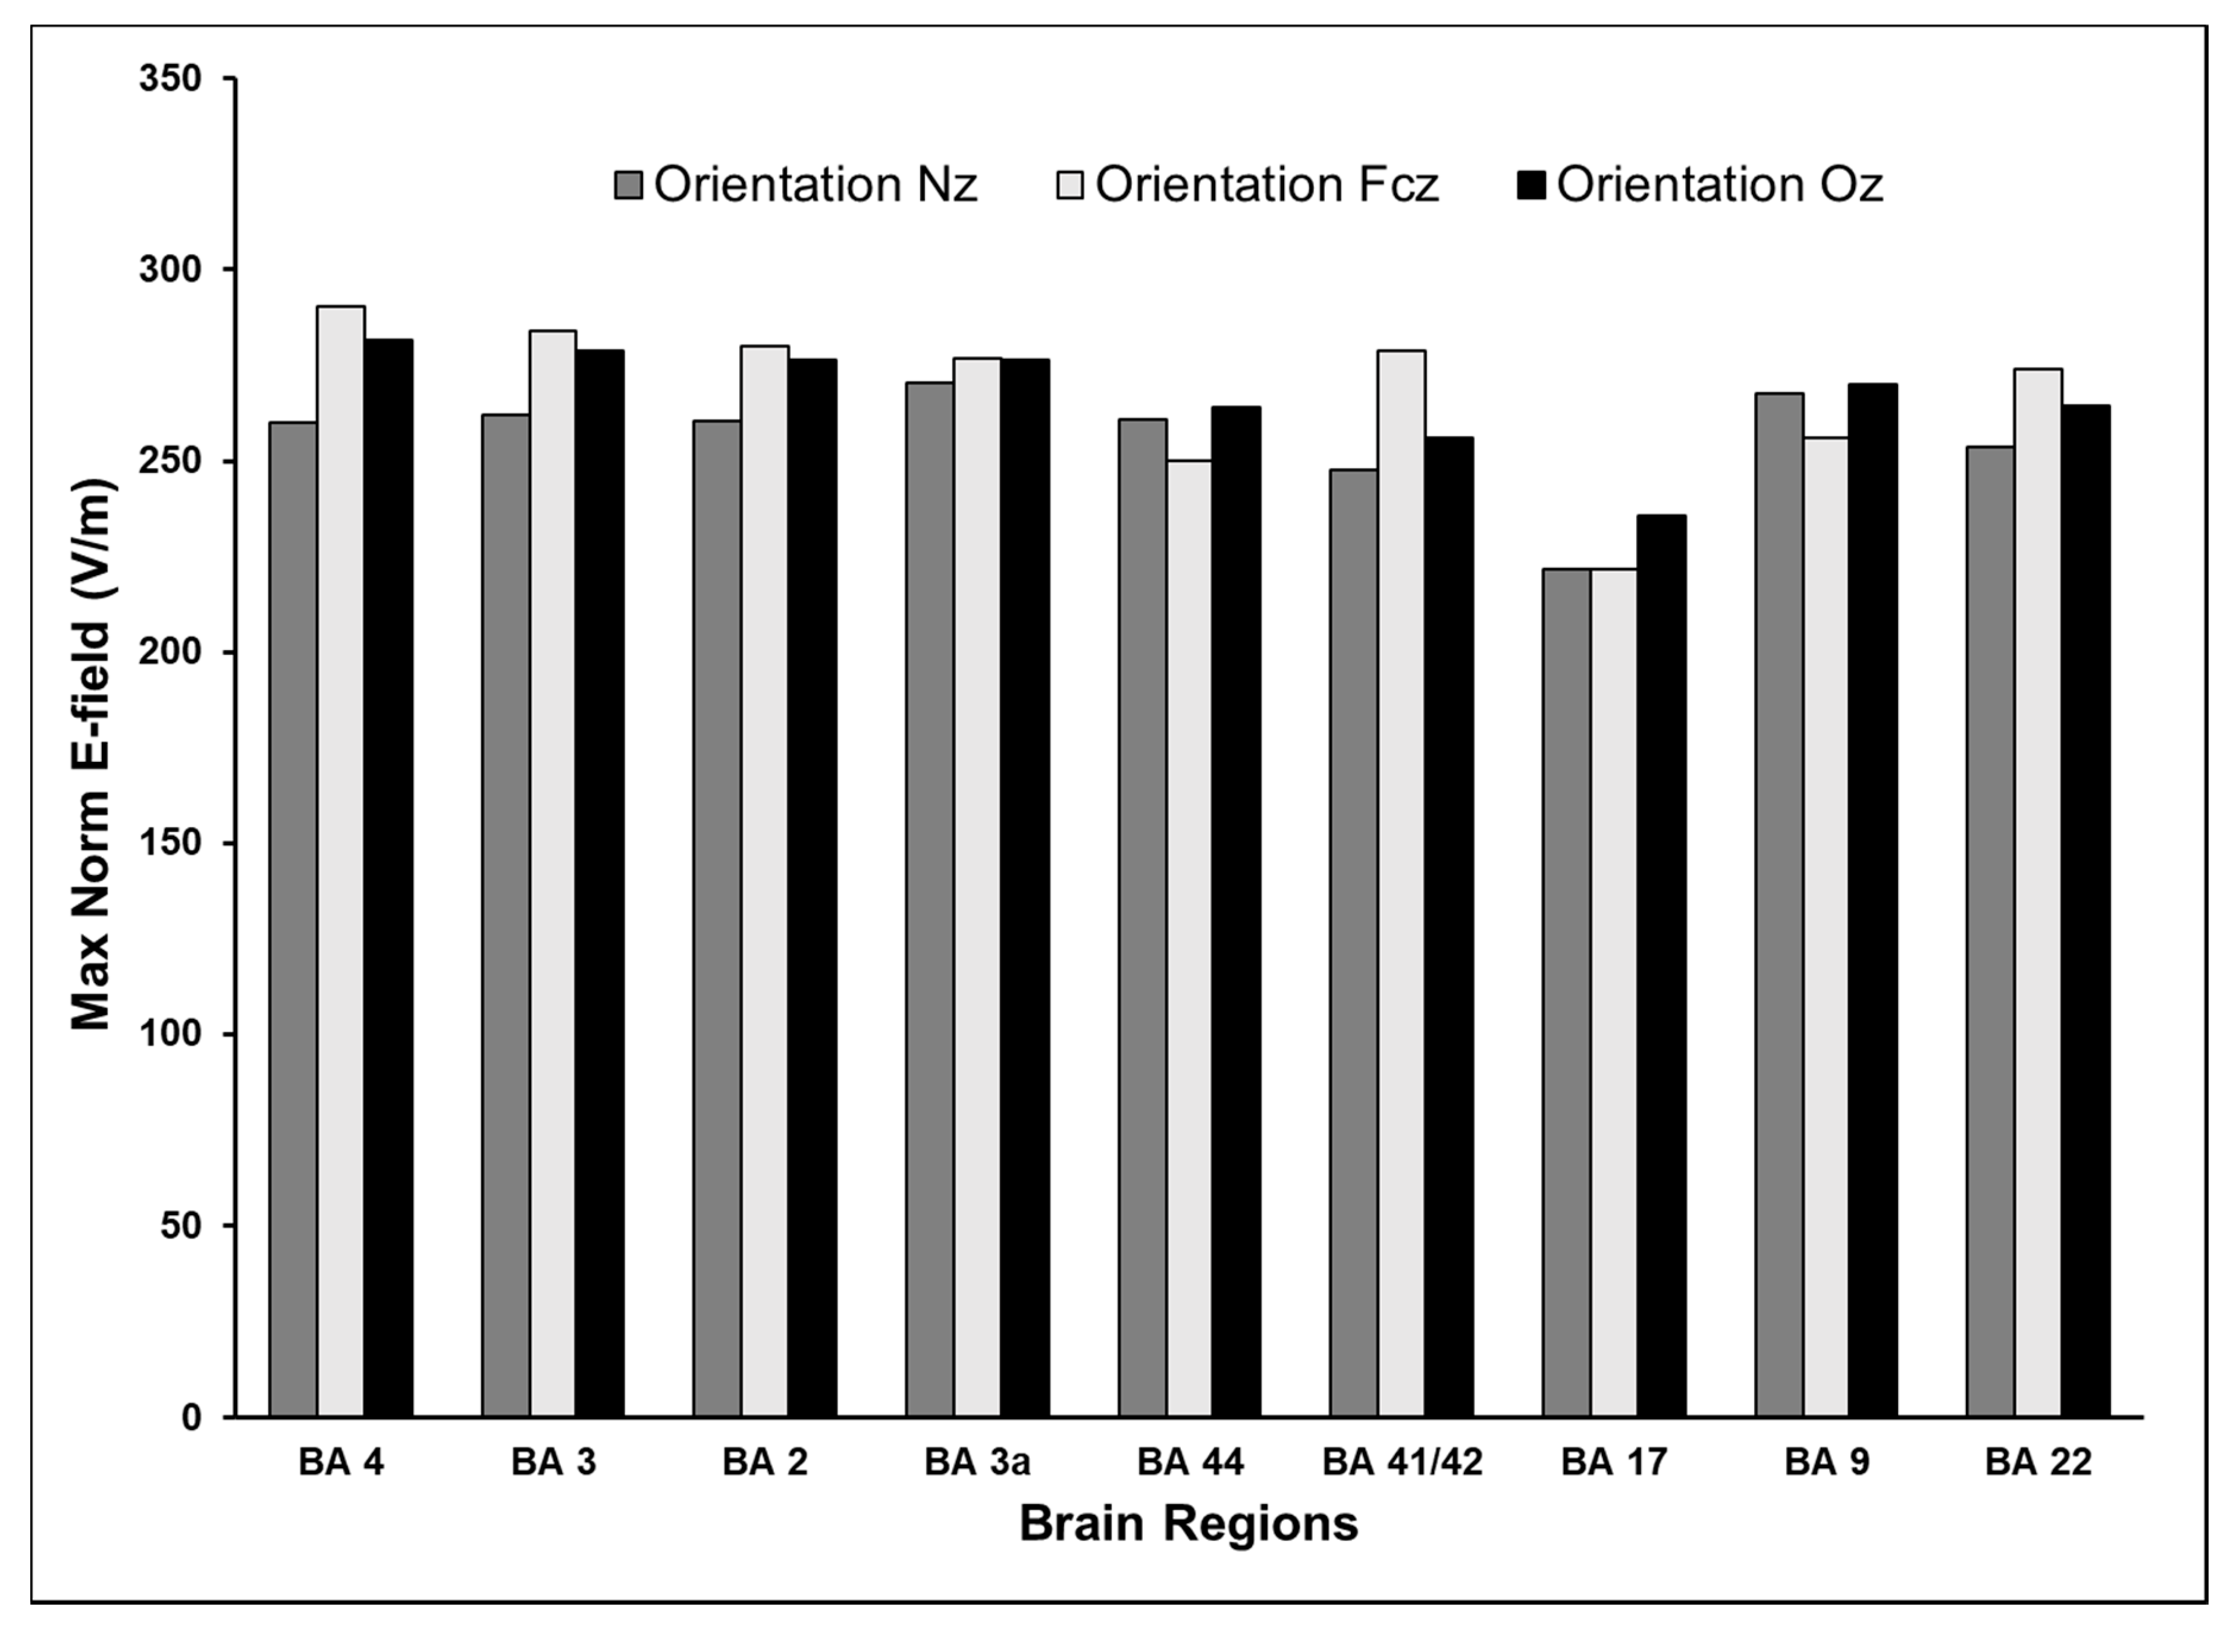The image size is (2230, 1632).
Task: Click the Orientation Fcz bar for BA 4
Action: pos(341,859)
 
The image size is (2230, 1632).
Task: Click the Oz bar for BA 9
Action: pos(1873,899)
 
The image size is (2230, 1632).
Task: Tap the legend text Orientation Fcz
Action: pos(1266,185)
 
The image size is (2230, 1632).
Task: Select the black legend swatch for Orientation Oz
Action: pos(1530,185)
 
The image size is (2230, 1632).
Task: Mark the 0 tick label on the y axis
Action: pos(191,1417)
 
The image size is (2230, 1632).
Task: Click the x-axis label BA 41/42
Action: pos(1402,1462)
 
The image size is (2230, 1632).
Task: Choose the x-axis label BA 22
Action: pos(2037,1462)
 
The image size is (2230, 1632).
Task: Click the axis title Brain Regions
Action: pos(1188,1523)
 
